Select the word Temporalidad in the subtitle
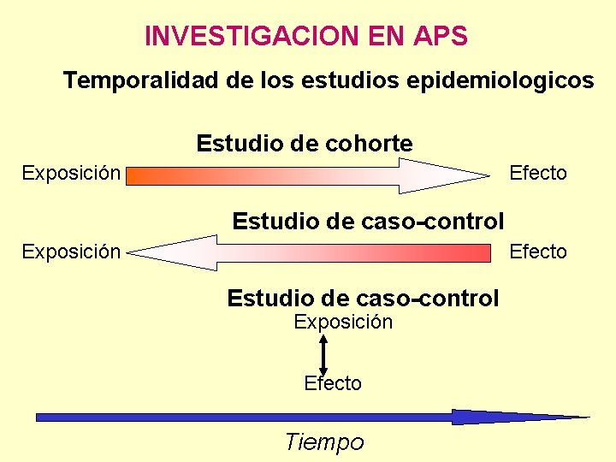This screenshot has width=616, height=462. coord(140,81)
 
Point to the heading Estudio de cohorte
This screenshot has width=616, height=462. coord(304,143)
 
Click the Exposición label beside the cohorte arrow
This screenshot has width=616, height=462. coord(71,174)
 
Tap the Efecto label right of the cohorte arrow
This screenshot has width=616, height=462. coord(538,174)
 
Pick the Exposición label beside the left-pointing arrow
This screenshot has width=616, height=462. coord(71,252)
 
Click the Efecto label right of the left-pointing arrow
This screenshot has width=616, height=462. coord(538,252)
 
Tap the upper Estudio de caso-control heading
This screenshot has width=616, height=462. coord(368,222)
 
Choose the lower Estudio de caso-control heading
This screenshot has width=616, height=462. coord(363,299)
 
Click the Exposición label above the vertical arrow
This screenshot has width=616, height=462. coord(343,323)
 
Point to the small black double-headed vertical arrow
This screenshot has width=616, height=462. coord(323,354)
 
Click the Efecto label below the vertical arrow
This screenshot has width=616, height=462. coord(333,384)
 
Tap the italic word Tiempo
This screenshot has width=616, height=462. coord(324,442)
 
